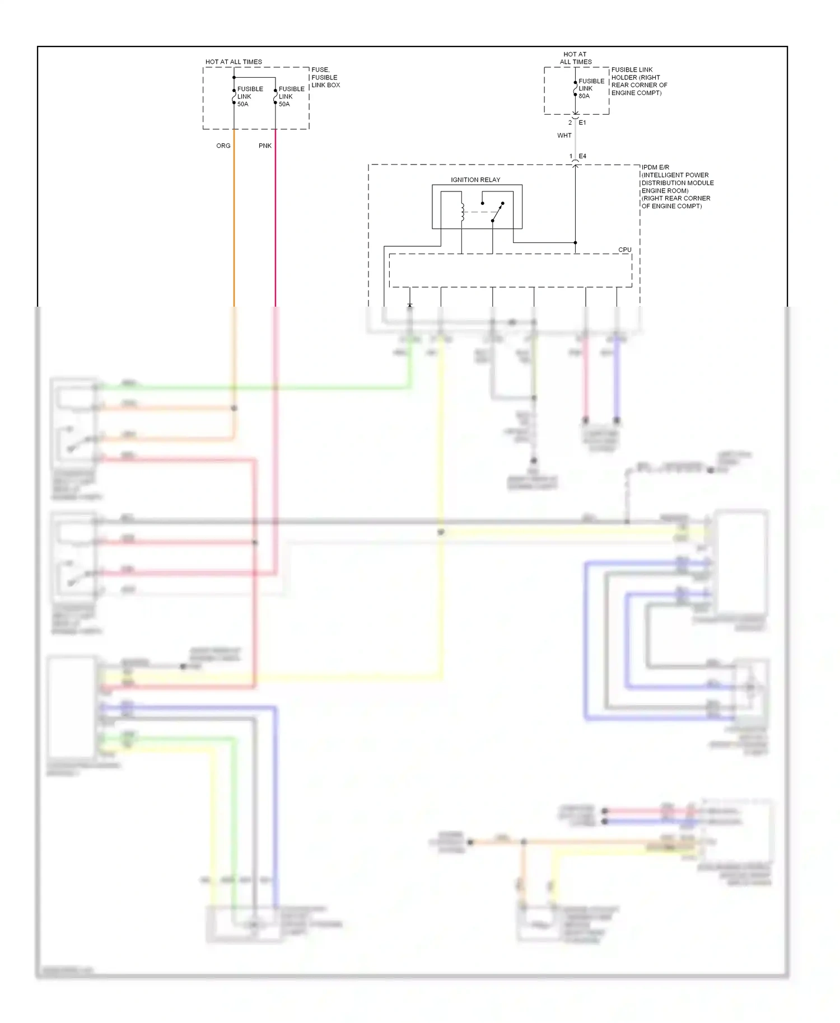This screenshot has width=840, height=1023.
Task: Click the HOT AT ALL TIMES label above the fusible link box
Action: [234, 62]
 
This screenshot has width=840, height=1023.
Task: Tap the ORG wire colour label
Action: [223, 146]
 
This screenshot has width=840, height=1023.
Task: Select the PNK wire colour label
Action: [265, 146]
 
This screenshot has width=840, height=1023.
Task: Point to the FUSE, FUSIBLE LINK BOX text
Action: [325, 77]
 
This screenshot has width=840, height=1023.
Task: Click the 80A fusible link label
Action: [584, 96]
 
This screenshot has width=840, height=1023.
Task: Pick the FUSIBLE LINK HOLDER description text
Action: [639, 81]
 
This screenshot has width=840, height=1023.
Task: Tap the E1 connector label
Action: [582, 123]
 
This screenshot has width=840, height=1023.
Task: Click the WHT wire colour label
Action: [564, 135]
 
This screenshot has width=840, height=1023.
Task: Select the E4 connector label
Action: [582, 156]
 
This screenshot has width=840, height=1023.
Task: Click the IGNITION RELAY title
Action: [475, 180]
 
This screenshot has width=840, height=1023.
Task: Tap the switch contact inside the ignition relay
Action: [497, 212]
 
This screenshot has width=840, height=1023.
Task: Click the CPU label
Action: [624, 250]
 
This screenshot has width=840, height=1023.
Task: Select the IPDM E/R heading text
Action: [655, 167]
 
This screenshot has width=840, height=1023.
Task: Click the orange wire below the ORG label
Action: [234, 224]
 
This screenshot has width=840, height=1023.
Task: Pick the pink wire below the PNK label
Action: [276, 224]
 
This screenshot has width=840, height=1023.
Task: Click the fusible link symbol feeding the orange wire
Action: [234, 96]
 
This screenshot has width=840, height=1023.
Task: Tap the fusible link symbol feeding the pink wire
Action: [276, 96]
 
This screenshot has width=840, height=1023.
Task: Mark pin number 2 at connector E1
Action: [570, 123]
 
